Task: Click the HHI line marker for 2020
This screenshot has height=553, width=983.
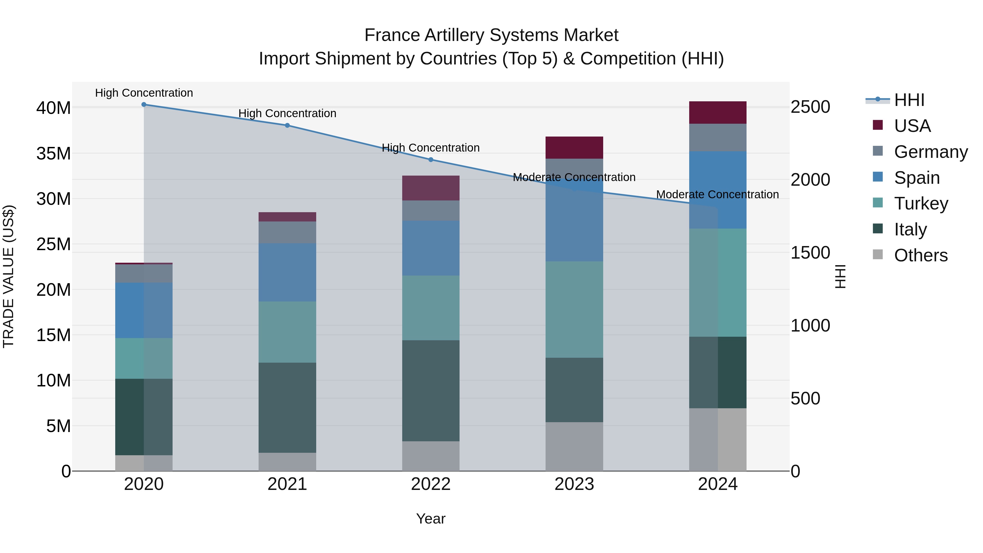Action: [x=144, y=105]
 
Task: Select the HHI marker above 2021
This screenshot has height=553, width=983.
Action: [x=287, y=125]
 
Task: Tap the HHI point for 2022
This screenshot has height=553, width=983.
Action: [x=431, y=159]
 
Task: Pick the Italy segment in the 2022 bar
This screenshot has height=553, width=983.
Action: [x=431, y=391]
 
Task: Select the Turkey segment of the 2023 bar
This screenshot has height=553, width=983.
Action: [x=574, y=309]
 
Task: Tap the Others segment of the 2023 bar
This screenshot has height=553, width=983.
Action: [x=574, y=446]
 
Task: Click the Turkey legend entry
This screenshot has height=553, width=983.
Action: [x=921, y=203]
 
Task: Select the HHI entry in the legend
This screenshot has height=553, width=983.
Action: [x=909, y=100]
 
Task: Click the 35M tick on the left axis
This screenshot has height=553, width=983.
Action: [x=54, y=154]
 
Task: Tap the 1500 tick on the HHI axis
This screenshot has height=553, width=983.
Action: [x=810, y=253]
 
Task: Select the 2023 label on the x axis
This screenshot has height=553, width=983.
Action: [x=574, y=484]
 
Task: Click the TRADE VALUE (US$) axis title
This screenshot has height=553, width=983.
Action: [x=9, y=276]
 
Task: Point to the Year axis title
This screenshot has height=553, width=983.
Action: [x=431, y=519]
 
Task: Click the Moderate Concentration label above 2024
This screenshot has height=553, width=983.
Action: [x=717, y=195]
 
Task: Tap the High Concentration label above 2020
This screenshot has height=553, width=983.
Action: [x=144, y=93]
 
